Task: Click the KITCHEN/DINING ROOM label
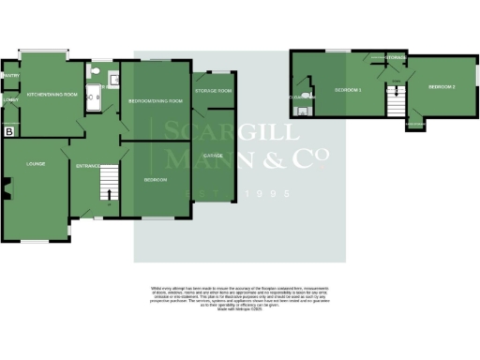point(52,95)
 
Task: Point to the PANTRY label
point(11,76)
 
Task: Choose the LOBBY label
point(11,99)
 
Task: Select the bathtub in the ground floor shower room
point(92,95)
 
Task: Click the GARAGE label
point(213,155)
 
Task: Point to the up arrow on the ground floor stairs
point(109,195)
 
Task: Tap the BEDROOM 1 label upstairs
point(348,90)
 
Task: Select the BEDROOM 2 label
point(442,86)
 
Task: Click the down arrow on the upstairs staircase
point(396,92)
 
